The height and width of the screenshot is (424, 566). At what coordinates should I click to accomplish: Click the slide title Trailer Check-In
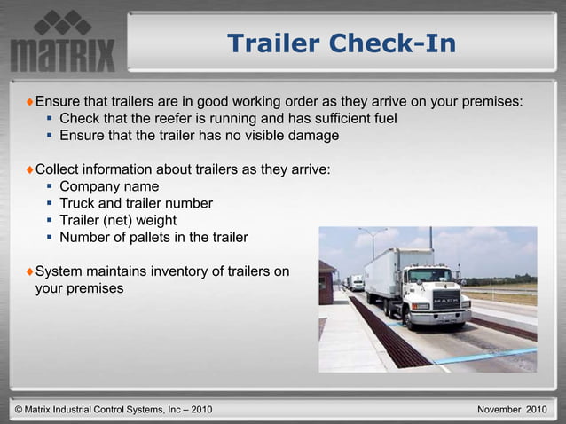pyautogui.click(x=342, y=43)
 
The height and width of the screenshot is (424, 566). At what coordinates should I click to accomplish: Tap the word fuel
pyautogui.click(x=383, y=119)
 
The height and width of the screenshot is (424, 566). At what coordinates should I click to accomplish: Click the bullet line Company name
pyautogui.click(x=109, y=186)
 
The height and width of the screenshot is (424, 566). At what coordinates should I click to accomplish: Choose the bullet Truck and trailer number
pyautogui.click(x=136, y=203)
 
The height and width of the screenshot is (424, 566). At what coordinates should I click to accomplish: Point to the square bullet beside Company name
pyautogui.click(x=50, y=186)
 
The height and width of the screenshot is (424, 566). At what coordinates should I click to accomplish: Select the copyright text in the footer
pyautogui.click(x=114, y=410)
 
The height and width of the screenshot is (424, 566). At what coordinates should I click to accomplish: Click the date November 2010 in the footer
pyautogui.click(x=512, y=410)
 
